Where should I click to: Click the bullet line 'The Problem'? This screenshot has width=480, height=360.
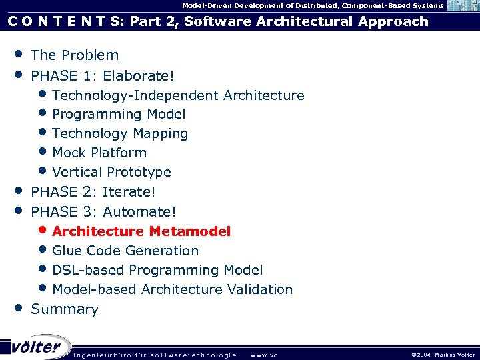pos(75,55)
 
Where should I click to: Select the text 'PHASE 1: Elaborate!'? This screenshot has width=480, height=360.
pos(98,75)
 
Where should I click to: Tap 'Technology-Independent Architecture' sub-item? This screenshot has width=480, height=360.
pos(178,95)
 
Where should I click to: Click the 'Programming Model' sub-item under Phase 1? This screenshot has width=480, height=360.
pos(119,115)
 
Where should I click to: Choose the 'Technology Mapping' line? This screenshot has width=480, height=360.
pos(120,134)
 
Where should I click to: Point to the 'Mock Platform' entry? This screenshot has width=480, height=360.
pos(99,153)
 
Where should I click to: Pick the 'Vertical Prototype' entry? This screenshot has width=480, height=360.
pos(111,172)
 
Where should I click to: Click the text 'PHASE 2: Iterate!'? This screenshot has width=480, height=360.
pos(93,192)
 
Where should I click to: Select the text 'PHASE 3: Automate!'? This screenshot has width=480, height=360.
pos(103,212)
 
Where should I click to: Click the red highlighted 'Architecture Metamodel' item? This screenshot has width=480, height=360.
pos(141,231)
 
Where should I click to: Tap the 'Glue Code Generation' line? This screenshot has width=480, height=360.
pos(125,251)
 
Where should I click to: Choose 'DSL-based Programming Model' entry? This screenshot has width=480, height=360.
pos(157,270)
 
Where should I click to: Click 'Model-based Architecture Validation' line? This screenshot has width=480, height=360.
pos(172,289)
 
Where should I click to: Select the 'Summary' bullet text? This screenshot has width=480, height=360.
pos(65,309)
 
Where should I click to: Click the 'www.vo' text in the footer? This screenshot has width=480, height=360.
pos(263,355)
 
